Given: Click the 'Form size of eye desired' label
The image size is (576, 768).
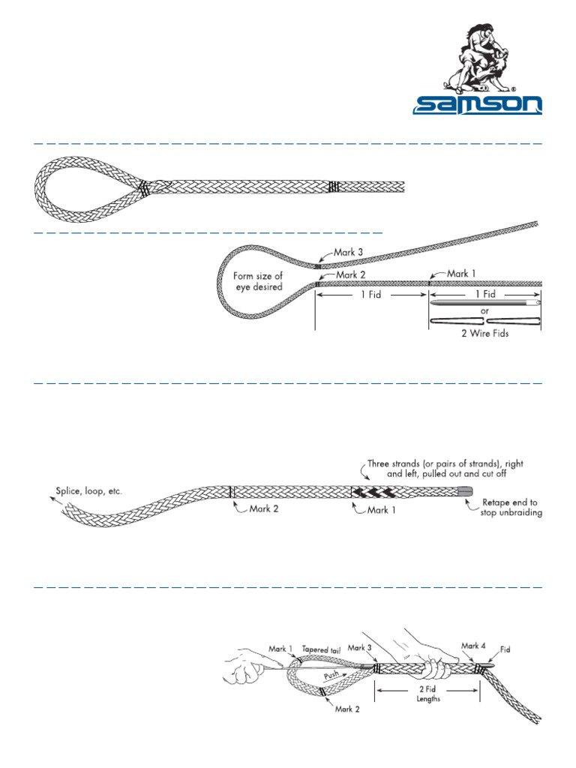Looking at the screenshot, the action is coord(258,281).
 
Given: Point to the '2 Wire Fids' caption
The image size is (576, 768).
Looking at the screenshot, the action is coord(484,333).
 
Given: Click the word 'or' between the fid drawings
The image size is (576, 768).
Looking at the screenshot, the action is coord(484,310).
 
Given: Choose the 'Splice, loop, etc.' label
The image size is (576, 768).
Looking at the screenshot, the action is coord(88,492).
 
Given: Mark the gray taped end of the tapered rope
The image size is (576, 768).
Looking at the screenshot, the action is coord(464,490).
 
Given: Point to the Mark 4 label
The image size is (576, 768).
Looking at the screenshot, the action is coord(474,646).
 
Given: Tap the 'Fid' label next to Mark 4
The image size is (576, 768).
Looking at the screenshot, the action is coord(505,649).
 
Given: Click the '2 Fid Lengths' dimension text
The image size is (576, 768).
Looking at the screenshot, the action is coord(428,694).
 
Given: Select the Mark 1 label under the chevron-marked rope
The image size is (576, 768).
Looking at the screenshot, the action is coord(381,510).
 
